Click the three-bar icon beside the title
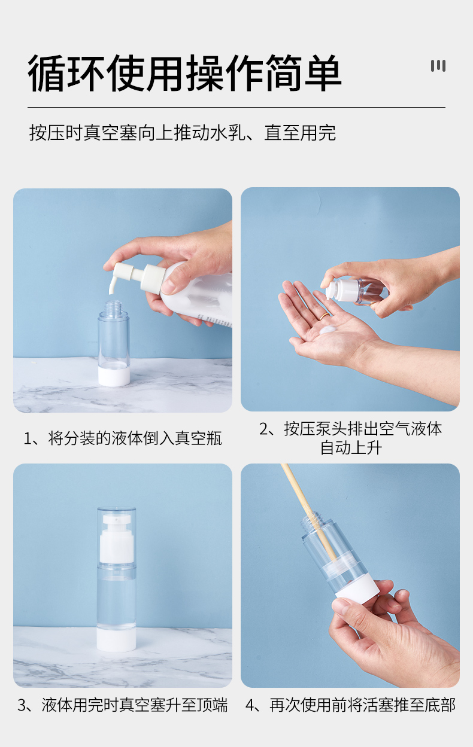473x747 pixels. [x=438, y=66]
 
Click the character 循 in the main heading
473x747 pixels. [x=46, y=74]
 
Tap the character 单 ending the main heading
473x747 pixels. [x=322, y=74]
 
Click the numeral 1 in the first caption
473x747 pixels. [x=28, y=439]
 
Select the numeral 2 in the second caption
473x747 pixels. [x=263, y=429]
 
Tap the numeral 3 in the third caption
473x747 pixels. [x=22, y=705]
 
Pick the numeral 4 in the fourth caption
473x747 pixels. [x=250, y=705]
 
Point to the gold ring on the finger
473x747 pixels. [x=324, y=316]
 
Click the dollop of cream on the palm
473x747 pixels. [x=328, y=330]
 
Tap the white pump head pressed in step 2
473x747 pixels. [x=337, y=289]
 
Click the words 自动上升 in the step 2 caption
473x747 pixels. [x=351, y=448]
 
